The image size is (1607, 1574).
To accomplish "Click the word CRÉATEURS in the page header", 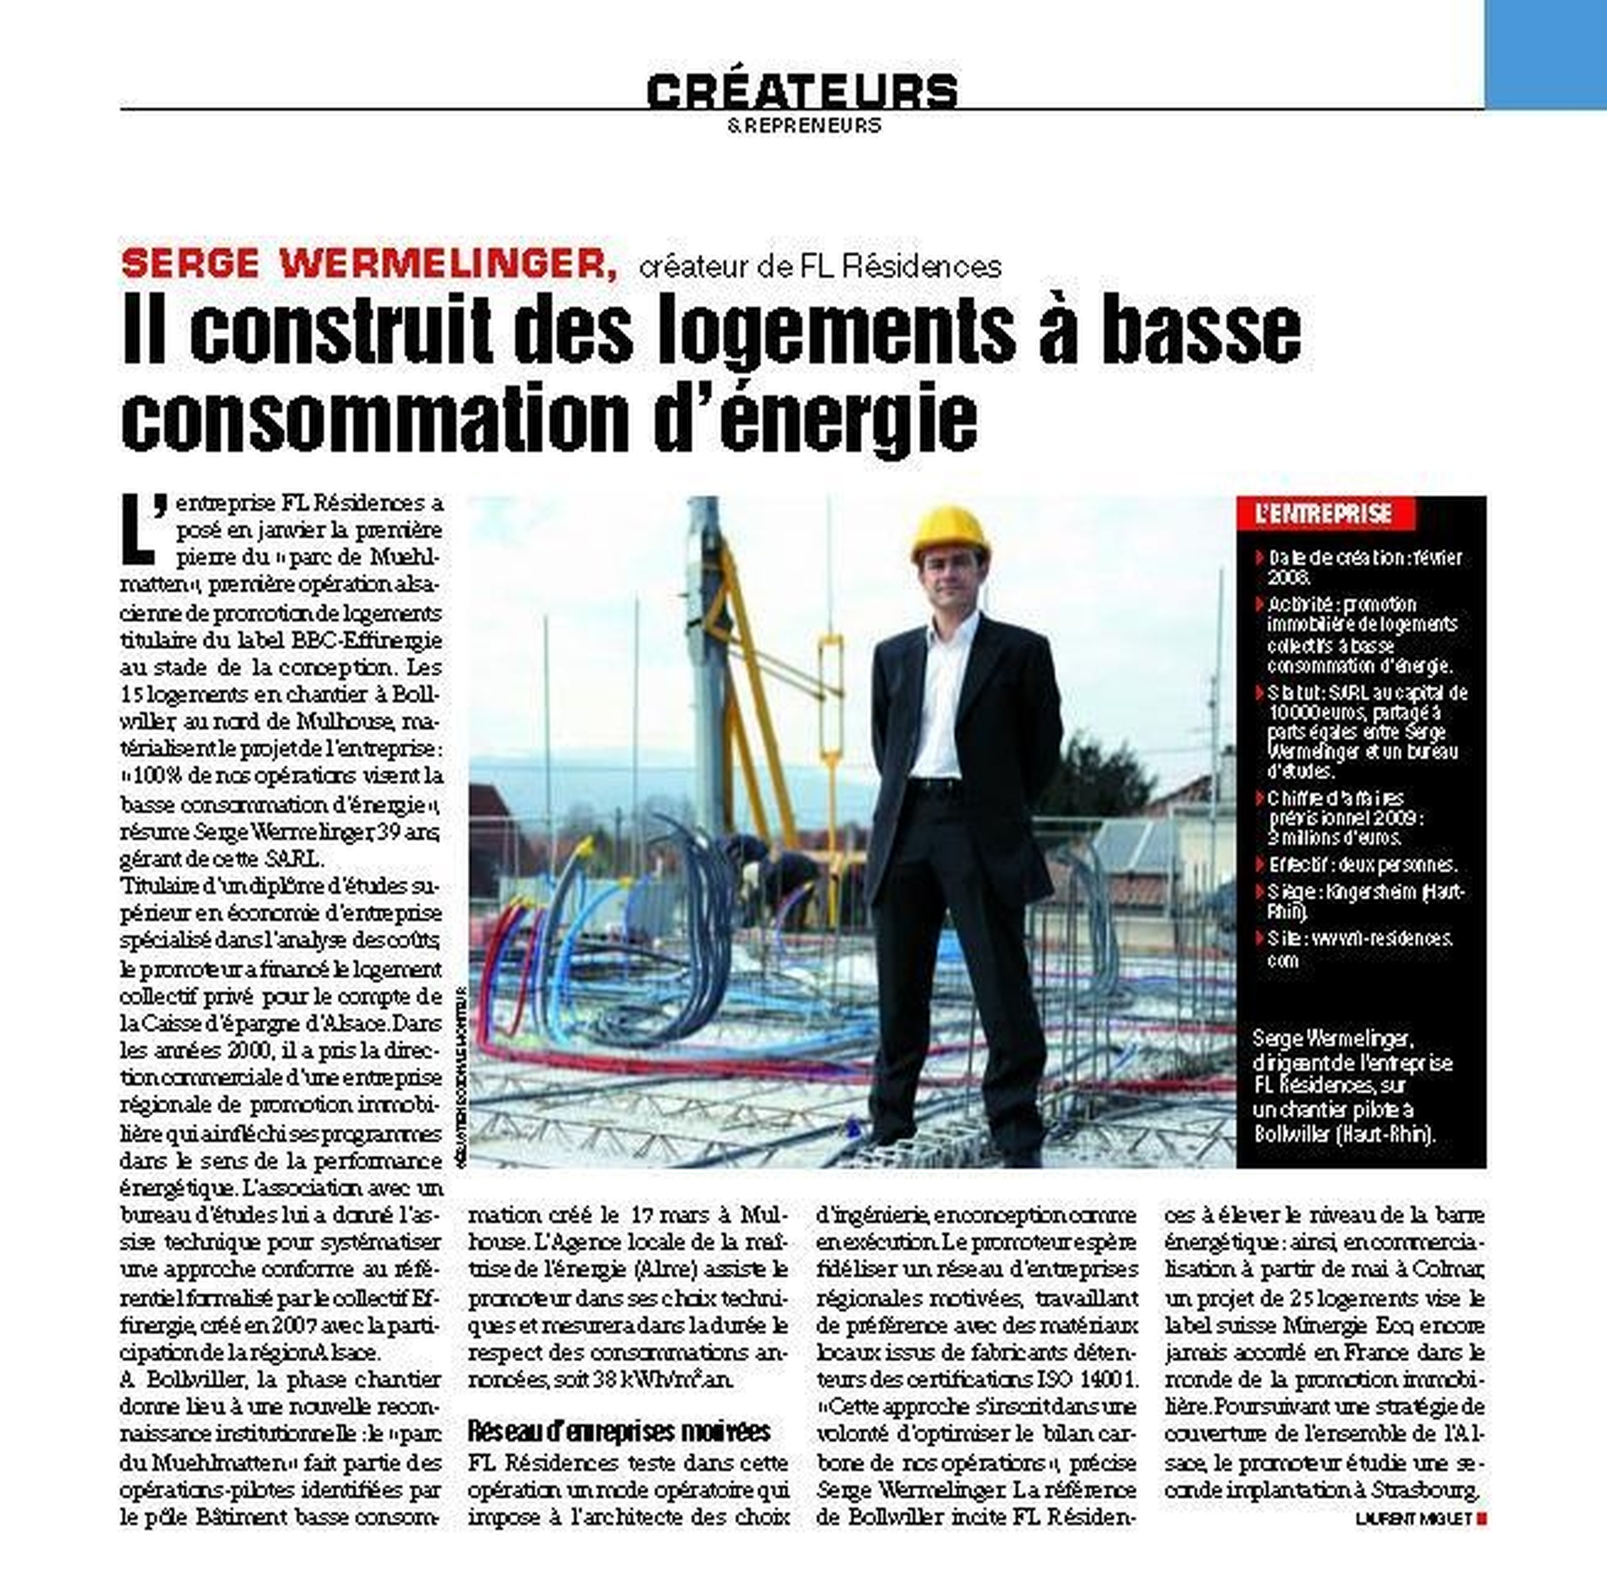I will coord(801,91).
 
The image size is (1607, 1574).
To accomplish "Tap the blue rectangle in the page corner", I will coord(1545,54).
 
